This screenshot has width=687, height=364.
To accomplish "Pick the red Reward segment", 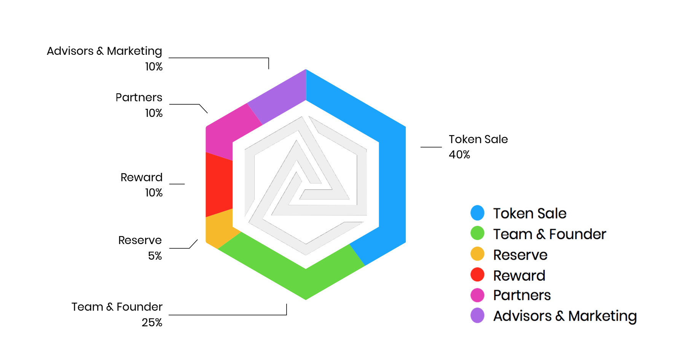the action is click(219, 185).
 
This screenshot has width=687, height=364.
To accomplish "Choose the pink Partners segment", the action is click(228, 131).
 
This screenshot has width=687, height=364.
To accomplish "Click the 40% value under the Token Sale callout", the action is click(459, 155).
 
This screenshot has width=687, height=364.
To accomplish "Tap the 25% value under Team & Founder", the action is click(152, 322).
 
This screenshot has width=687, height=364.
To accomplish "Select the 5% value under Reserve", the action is click(155, 256).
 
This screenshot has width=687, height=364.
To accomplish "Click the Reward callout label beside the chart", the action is click(141, 177).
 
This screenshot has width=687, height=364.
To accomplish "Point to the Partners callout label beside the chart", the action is click(139, 97).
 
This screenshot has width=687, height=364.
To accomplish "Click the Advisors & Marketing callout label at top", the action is click(105, 51).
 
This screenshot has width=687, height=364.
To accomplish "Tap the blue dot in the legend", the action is click(477, 213).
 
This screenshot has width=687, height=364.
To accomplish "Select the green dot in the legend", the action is click(477, 233).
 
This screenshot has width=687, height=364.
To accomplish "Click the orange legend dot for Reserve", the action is click(477, 254).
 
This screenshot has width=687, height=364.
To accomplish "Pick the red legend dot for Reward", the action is click(477, 275).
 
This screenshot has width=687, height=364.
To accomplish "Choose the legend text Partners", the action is click(522, 295).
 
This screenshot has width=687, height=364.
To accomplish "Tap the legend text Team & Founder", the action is click(550, 234).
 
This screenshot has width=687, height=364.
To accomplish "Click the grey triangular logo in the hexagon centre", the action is click(306, 185).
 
